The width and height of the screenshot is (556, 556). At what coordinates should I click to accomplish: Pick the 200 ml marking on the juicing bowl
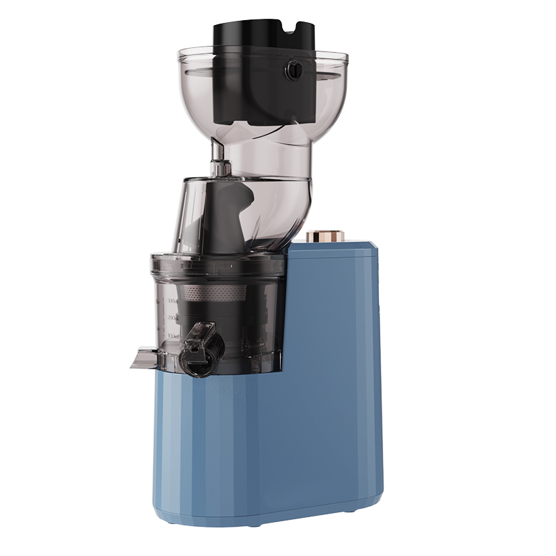169,318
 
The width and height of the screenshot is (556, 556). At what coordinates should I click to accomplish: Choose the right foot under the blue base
348,512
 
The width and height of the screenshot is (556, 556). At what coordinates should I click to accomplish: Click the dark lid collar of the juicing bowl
215,265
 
